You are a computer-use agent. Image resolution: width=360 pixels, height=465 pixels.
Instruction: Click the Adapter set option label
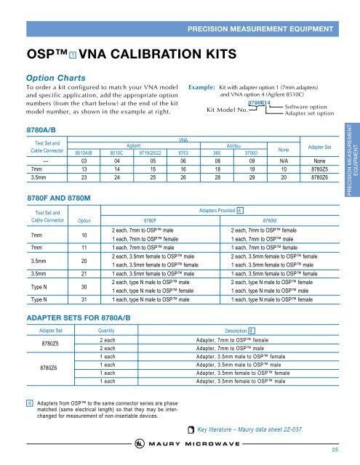(310, 113)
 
